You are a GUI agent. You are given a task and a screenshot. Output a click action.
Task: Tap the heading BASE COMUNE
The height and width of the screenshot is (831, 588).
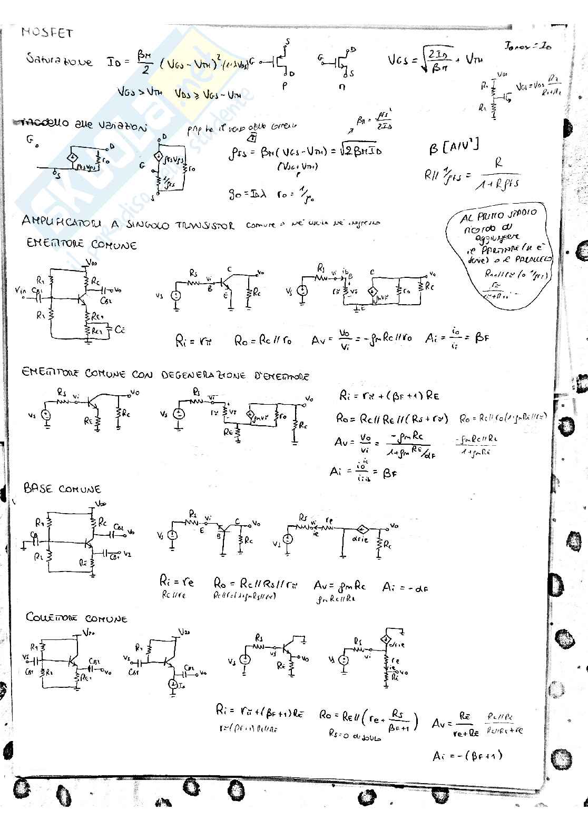point(62,489)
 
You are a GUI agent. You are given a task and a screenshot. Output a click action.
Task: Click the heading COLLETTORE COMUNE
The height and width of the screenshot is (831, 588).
point(77,617)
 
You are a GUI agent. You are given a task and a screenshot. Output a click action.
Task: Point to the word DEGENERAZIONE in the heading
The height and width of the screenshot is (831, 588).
point(203,376)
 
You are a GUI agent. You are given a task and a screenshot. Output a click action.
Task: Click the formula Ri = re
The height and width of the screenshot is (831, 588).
point(177,582)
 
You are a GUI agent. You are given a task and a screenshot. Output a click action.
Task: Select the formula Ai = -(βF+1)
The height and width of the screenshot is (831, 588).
point(467,756)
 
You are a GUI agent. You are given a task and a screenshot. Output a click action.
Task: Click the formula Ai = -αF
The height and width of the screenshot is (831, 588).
point(405,587)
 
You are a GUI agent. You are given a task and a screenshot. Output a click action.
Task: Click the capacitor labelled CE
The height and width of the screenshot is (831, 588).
point(114,331)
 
